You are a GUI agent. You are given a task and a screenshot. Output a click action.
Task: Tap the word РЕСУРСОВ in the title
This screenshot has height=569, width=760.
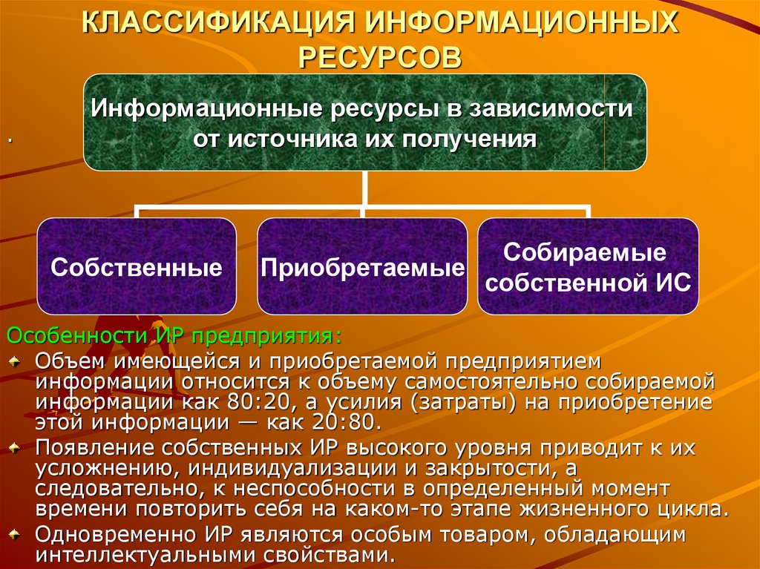point(380,58)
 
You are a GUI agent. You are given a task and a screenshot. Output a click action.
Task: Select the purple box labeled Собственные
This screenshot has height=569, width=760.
point(137,266)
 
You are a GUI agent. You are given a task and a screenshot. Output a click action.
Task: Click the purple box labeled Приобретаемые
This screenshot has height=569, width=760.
point(362,266)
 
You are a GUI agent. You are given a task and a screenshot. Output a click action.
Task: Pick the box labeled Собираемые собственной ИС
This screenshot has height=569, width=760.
point(588,266)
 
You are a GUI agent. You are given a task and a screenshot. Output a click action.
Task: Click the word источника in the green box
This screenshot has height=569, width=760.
point(289,139)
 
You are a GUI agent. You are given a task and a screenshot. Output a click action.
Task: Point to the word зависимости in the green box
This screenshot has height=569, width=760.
point(551,108)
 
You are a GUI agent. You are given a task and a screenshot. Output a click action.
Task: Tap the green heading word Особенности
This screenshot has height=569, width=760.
point(76,335)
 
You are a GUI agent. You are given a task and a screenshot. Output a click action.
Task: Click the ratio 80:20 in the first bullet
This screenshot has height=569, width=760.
point(256,402)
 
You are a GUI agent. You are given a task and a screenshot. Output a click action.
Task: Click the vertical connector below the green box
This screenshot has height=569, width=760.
point(364,188)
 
